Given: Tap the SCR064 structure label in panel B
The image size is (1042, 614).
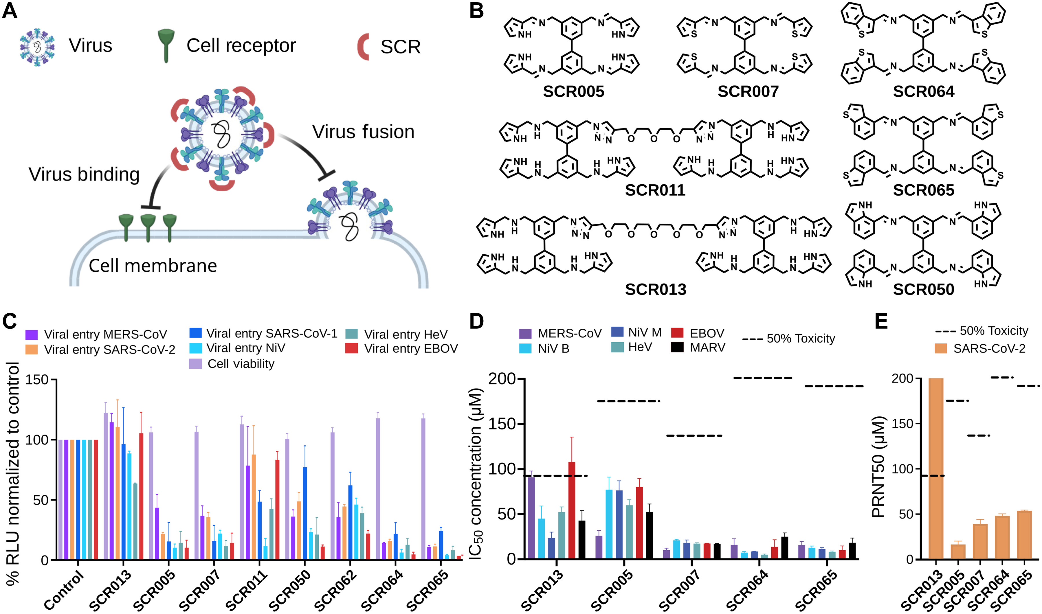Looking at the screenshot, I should (923, 91).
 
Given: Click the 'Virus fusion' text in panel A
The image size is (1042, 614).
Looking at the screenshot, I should (363, 132).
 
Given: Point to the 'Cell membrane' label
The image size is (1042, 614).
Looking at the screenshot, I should (153, 266).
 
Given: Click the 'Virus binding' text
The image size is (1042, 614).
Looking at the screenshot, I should (84, 174).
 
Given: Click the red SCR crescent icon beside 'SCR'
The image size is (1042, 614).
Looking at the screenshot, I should (363, 47).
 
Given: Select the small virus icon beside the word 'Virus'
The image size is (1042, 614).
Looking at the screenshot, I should (37, 47).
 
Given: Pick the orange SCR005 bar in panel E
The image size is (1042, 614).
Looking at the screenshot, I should (958, 552).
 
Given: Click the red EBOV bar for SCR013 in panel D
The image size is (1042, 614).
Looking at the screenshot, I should (572, 510).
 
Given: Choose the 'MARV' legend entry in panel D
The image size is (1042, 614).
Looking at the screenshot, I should (707, 348).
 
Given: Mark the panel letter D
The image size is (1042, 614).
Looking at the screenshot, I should (476, 321).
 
